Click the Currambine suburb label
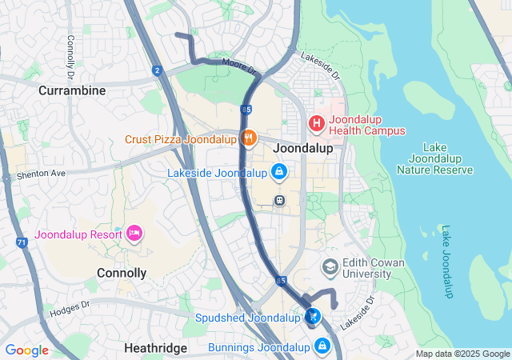click(x=72, y=90)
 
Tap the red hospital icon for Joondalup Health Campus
click(x=317, y=124)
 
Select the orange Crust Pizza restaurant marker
click(x=249, y=138)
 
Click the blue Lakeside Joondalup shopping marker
click(x=278, y=172)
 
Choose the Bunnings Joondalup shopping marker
click(x=322, y=346)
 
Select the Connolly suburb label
click(x=122, y=273)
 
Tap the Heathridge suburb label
click(x=156, y=348)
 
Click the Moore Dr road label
click(x=238, y=65)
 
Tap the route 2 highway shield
click(x=158, y=70)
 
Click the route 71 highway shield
click(x=22, y=241)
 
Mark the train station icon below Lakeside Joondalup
click(x=279, y=201)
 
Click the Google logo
click(x=26, y=350)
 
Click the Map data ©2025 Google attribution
click(x=462, y=354)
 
